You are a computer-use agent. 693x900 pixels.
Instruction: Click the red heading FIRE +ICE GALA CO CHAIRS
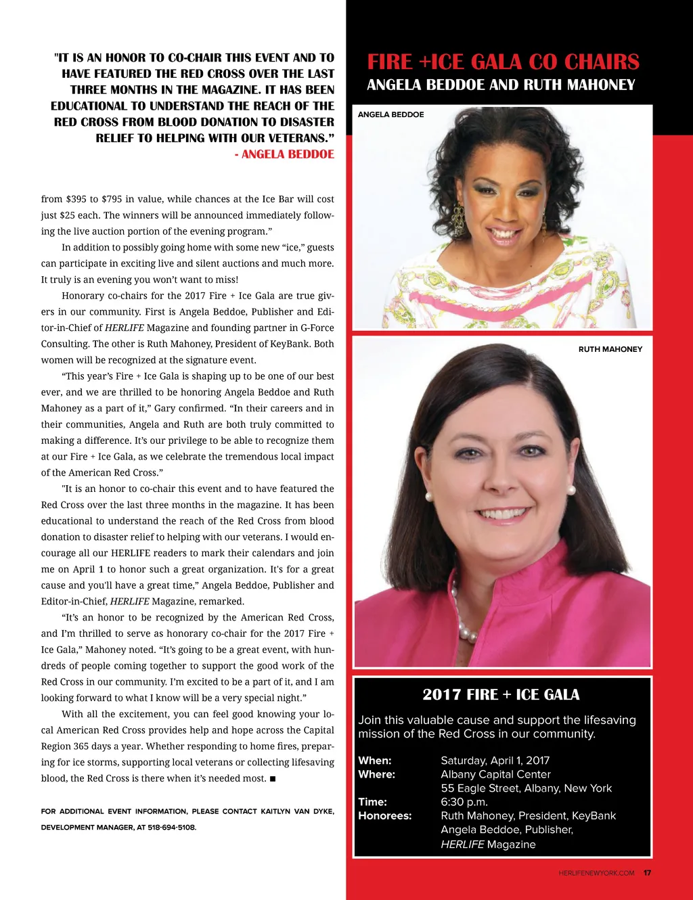coord(503,62)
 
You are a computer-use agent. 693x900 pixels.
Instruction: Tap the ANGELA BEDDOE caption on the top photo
coord(390,115)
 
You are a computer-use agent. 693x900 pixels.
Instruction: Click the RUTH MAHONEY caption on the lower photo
coord(610,349)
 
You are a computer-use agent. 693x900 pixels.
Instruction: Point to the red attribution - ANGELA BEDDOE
coord(284,154)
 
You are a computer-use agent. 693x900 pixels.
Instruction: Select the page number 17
coord(647,873)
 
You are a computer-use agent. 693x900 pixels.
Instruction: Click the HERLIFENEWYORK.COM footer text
coord(596,873)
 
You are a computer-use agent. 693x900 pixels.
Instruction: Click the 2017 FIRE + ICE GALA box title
coord(501,694)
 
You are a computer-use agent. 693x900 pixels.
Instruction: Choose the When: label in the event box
coord(375,761)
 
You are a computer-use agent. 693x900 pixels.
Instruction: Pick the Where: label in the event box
coord(376,774)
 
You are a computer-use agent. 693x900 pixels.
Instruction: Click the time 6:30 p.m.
coord(464,802)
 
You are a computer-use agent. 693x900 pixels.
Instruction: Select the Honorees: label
coord(384,815)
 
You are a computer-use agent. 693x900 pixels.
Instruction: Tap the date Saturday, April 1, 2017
coord(495,761)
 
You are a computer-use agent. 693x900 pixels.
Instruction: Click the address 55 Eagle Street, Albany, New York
coord(526,788)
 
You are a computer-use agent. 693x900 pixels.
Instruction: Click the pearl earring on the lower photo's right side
coord(571,489)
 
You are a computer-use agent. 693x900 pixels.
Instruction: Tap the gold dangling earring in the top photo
coord(457,218)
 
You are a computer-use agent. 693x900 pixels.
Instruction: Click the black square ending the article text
coord(272,779)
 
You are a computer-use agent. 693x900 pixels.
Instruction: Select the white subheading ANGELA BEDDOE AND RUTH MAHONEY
coord(501,85)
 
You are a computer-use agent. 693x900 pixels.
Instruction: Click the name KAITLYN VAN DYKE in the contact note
coord(297,811)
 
